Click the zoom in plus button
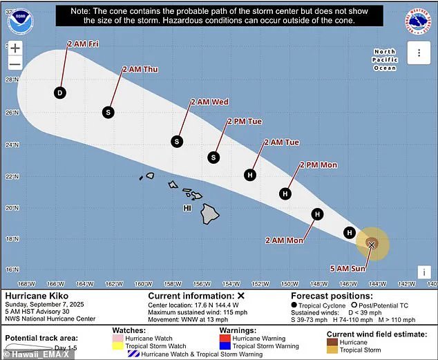coord(15,49)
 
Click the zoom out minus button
coord(15,65)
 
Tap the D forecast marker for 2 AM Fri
coord(60,93)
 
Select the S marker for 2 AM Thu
coord(108,111)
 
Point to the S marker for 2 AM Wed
coord(176,141)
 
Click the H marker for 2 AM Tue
coord(250,175)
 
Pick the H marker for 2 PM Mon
coord(285,194)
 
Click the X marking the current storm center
coord(372,245)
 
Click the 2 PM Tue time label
coord(245,122)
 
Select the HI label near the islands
coord(187,207)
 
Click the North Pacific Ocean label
coord(385,60)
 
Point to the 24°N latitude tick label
coord(10,145)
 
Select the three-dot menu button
coord(419,53)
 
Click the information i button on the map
coord(424,272)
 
